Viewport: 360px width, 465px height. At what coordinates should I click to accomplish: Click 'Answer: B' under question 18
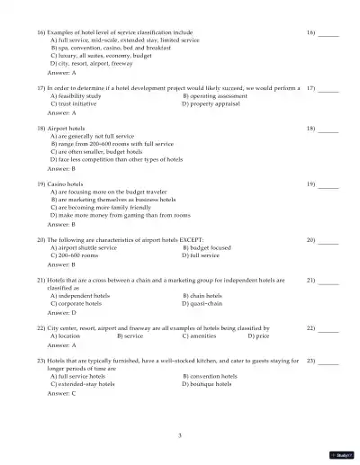click(61, 168)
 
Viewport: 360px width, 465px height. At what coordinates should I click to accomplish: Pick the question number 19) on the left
click(41, 183)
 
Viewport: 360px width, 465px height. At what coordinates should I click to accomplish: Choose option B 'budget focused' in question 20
click(205, 247)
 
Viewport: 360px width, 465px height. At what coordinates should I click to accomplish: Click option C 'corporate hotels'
click(76, 303)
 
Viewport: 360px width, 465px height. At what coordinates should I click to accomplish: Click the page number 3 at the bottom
click(180, 434)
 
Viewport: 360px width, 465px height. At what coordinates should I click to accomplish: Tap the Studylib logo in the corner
click(342, 455)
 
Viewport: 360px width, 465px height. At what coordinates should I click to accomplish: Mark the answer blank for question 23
click(328, 360)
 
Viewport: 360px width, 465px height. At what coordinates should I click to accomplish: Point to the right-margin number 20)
click(311, 239)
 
